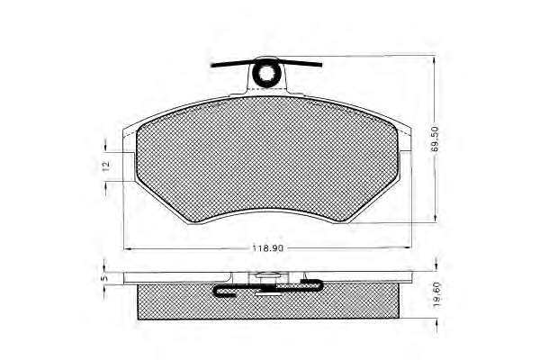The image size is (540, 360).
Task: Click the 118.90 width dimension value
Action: [268, 248]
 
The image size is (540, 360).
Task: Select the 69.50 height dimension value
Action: [435, 139]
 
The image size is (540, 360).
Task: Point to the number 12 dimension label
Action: [106, 165]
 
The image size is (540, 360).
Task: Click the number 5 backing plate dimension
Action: [105, 276]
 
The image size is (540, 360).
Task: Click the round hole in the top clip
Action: [265, 73]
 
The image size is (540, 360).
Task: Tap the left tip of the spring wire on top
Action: [212, 66]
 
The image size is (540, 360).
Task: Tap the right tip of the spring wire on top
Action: [320, 65]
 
